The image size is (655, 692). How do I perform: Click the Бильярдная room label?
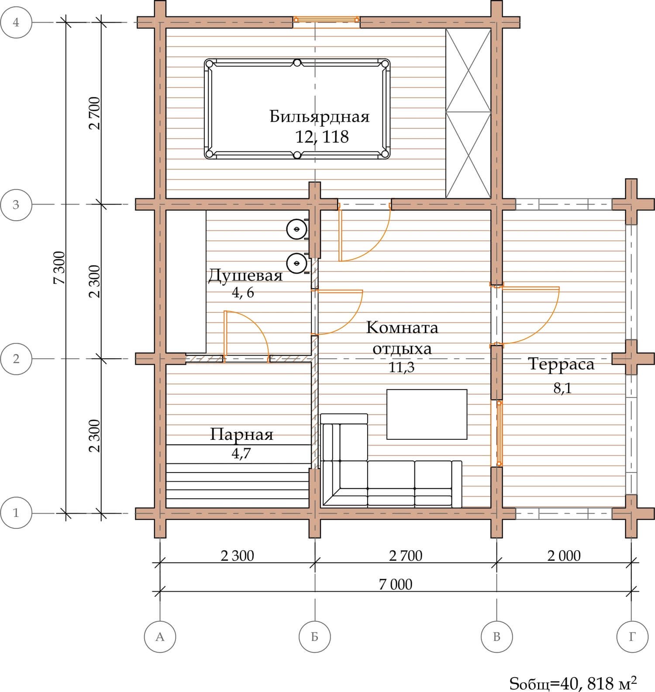point(319,117)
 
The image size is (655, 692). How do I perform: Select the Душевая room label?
point(245,275)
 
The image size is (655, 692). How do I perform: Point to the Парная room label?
point(241,435)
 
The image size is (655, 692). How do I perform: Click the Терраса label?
point(561,364)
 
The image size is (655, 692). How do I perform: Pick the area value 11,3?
point(402,367)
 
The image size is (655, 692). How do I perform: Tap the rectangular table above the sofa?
point(427,415)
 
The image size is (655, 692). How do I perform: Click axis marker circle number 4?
point(16,22)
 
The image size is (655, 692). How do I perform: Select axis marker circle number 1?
point(16,513)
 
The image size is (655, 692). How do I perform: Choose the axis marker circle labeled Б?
point(315,637)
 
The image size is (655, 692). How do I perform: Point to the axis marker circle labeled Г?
point(632,637)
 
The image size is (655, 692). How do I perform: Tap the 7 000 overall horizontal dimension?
point(396,584)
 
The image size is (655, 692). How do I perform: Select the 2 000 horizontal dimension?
point(564,555)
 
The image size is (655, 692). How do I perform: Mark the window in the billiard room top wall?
point(326,20)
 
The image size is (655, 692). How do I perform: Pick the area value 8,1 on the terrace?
point(562,388)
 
